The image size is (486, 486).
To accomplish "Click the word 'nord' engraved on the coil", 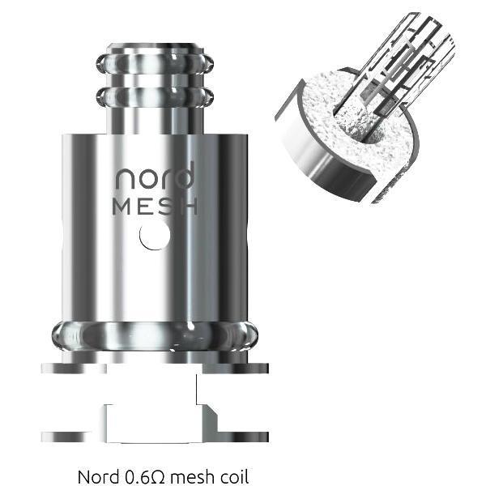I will (153, 177).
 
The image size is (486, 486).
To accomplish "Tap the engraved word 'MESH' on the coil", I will (154, 205).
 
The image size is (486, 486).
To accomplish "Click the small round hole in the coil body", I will (155, 236).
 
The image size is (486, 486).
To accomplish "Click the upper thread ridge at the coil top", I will (154, 63).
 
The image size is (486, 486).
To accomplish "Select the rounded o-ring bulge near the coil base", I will (154, 334).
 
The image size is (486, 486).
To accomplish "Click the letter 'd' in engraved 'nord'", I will (184, 176).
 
